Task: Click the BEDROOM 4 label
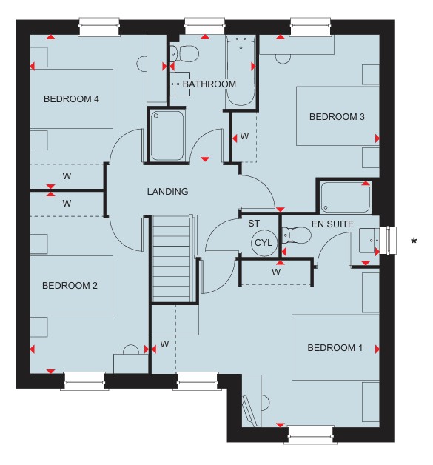(71, 98)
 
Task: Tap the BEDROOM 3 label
(337, 116)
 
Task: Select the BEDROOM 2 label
(70, 285)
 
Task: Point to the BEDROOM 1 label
(335, 347)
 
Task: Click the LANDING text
(167, 191)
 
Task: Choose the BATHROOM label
(209, 84)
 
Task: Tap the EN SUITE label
(332, 224)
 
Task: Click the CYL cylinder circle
(264, 243)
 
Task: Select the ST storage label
(254, 224)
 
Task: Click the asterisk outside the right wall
(414, 241)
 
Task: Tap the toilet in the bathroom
(184, 53)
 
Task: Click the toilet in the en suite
(296, 235)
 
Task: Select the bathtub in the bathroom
(241, 71)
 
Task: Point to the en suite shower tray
(345, 197)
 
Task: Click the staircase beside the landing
(171, 258)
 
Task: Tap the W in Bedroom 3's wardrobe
(244, 136)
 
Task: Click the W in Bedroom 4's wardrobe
(67, 176)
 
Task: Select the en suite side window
(392, 241)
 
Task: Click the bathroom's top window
(204, 26)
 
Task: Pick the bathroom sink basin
(180, 84)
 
